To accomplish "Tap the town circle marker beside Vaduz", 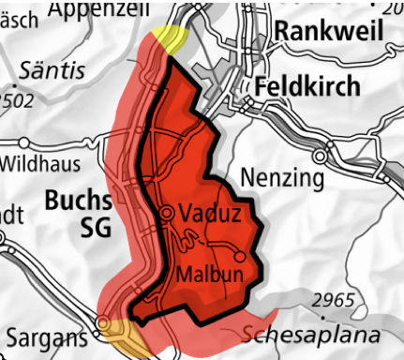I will (x=167, y=214).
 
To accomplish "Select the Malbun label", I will (x=208, y=274).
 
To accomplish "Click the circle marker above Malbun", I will (x=240, y=255).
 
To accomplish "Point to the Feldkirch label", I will (x=307, y=86).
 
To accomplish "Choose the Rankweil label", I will (x=328, y=30).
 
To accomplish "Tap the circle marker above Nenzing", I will (x=322, y=155).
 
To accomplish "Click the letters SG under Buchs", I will (x=96, y=227).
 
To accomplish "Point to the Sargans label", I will (x=45, y=335).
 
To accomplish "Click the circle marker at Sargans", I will (x=103, y=324).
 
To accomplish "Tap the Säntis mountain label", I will (x=52, y=70).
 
